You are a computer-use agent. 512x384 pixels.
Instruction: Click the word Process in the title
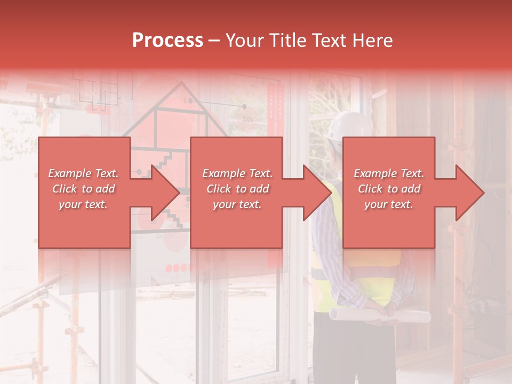167,41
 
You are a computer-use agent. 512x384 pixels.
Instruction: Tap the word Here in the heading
373,41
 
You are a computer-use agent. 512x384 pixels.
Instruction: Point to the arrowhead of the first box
165,193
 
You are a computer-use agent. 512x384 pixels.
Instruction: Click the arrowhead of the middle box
317,193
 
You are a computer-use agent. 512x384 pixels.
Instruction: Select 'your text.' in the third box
388,204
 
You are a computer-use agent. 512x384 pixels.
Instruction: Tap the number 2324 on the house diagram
247,119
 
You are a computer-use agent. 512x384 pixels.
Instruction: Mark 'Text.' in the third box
411,173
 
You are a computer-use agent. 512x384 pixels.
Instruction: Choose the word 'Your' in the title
246,41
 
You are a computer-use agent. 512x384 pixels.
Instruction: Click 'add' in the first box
106,189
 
